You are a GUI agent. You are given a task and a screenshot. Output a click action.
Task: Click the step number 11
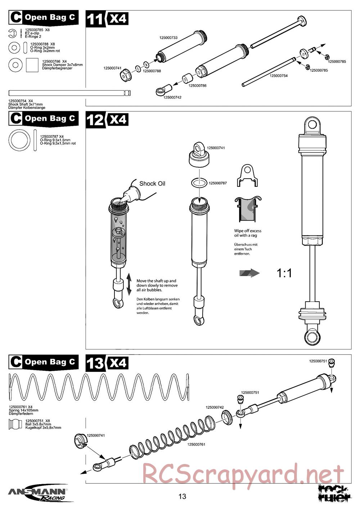pyautogui.click(x=95, y=19)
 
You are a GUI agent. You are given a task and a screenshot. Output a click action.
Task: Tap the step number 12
pyautogui.click(x=95, y=120)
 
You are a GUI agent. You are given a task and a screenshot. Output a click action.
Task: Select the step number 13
pyautogui.click(x=95, y=363)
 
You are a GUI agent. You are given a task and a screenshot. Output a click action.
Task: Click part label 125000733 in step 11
pyautogui.click(x=168, y=38)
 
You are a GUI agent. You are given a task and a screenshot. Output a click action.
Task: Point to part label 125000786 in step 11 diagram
pyautogui.click(x=198, y=86)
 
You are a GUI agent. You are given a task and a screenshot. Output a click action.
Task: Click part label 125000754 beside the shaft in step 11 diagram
pyautogui.click(x=279, y=76)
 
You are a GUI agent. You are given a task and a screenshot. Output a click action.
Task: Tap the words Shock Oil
pyautogui.click(x=152, y=184)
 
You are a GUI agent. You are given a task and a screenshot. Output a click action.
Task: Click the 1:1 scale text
pyautogui.click(x=284, y=273)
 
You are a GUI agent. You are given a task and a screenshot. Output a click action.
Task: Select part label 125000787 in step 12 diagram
pyautogui.click(x=218, y=183)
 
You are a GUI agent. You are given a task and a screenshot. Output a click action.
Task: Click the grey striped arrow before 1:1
pyautogui.click(x=249, y=273)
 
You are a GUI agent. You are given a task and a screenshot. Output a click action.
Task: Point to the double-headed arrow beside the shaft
pyautogui.click(x=129, y=284)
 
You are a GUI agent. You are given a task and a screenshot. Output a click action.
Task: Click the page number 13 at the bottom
pyautogui.click(x=182, y=497)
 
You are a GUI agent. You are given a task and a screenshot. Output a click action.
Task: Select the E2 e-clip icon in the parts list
pyautogui.click(x=12, y=33)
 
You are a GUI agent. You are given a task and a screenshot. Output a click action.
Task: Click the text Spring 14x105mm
pyautogui.click(x=24, y=410)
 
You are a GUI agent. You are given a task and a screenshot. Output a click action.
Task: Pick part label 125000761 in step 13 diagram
pyautogui.click(x=196, y=445)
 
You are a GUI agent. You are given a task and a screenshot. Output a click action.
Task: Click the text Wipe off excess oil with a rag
pyautogui.click(x=248, y=233)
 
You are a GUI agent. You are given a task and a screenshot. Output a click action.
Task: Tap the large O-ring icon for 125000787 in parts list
pyautogui.click(x=19, y=140)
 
